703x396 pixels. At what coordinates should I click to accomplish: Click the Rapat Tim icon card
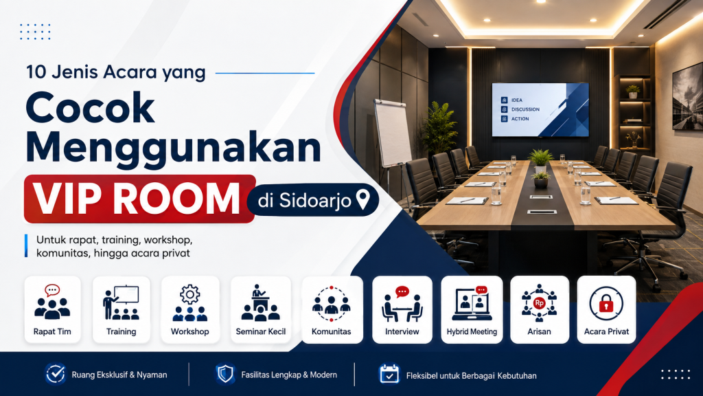[52, 310]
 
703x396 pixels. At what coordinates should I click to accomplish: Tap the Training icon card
[121, 310]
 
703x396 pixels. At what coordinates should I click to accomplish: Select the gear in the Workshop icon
[189, 294]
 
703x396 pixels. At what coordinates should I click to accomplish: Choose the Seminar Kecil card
[260, 310]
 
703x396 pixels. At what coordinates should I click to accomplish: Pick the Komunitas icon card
[332, 310]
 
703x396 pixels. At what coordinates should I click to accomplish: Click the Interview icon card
[402, 310]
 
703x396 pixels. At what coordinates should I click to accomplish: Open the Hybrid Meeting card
[472, 310]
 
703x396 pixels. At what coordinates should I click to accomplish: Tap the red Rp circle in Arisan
[539, 303]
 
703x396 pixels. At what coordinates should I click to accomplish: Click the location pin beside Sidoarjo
[362, 199]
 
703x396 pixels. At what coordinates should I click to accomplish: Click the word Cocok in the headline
[90, 108]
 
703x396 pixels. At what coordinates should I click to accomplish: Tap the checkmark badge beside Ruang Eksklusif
[56, 373]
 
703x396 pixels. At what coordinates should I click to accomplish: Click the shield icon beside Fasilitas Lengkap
[225, 373]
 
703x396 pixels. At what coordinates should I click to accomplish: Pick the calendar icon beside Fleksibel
[389, 373]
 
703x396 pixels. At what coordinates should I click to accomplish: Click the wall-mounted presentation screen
[540, 109]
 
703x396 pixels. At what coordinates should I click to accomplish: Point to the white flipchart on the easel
[393, 133]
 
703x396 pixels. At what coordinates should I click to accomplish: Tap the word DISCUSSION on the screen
[525, 109]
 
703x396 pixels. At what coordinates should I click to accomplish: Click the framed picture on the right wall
[688, 96]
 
